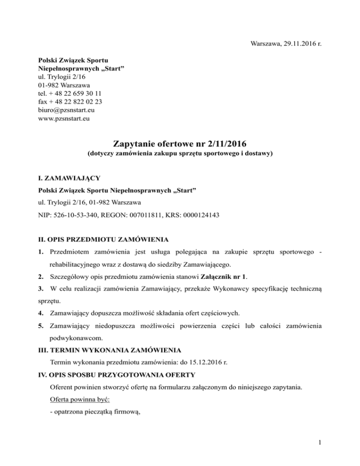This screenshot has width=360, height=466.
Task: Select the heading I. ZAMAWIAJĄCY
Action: click(68, 178)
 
